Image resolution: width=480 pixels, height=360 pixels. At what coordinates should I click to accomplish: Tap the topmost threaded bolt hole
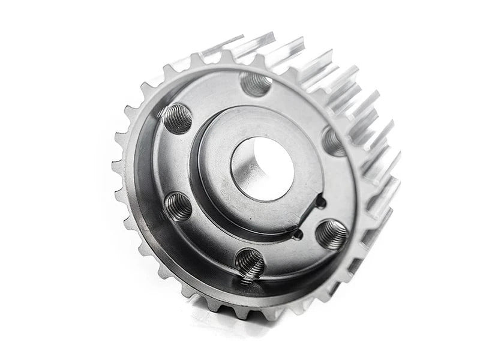click(x=256, y=84)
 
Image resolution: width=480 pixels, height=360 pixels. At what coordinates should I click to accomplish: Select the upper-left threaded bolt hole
click(x=178, y=118)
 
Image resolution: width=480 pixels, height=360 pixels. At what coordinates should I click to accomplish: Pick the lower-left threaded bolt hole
click(x=178, y=206)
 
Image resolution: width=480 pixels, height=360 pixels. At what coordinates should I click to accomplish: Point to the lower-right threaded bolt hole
click(x=332, y=233)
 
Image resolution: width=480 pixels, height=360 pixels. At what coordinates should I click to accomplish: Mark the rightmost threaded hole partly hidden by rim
click(x=334, y=142)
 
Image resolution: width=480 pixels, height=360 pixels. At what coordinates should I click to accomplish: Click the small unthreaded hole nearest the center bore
click(x=320, y=202)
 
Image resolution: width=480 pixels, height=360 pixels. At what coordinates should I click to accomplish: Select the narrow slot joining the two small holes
click(x=308, y=220)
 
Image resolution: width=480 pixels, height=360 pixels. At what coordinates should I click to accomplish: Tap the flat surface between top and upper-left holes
click(x=213, y=93)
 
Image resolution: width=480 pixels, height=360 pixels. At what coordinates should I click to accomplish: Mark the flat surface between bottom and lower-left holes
click(x=207, y=240)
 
